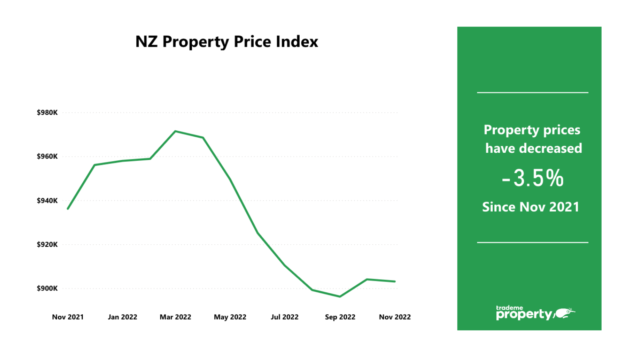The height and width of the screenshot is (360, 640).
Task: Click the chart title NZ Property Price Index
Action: pos(226,42)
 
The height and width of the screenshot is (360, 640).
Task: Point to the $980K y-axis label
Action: pos(47,112)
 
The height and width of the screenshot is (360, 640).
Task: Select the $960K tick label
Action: pos(47,156)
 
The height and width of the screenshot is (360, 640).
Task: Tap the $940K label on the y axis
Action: pos(47,200)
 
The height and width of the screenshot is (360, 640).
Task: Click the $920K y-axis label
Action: pos(47,244)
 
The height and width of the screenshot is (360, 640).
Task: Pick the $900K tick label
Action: pos(47,288)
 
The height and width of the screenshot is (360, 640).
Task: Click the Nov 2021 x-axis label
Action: pos(68,317)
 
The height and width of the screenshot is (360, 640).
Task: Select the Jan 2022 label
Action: pos(122,317)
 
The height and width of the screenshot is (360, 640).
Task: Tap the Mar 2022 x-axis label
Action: pos(175,317)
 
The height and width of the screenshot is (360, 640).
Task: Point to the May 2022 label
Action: pos(230,317)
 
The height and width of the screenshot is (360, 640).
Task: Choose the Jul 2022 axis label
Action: pos(284,317)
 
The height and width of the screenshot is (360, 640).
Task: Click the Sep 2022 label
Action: pos(340,317)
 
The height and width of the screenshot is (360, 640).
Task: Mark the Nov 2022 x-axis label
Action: pos(395,317)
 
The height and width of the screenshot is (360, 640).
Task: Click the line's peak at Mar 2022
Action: pos(175,131)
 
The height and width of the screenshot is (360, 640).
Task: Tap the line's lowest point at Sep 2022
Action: pos(340,296)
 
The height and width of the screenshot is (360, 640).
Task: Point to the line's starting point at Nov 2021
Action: pos(68,208)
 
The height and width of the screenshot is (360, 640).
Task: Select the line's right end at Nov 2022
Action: pos(395,281)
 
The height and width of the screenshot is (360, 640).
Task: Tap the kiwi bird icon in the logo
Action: pos(564,313)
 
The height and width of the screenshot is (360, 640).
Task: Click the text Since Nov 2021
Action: pos(530,207)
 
